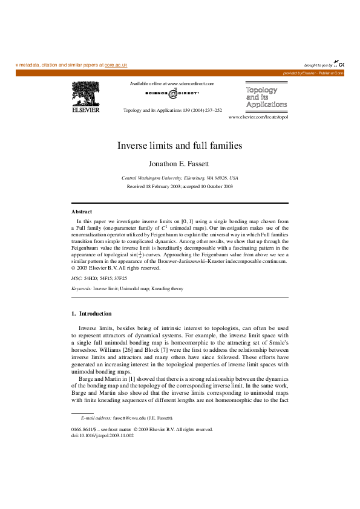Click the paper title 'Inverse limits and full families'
[180, 146]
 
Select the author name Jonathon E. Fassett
[180, 163]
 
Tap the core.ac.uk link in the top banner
[116, 65]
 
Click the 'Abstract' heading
[82, 212]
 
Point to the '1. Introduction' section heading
[91, 314]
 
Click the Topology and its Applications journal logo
[266, 97]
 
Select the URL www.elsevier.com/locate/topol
[258, 117]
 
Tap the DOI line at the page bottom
[102, 435]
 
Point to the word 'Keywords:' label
[81, 289]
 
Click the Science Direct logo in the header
[172, 94]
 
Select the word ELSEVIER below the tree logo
[86, 110]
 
